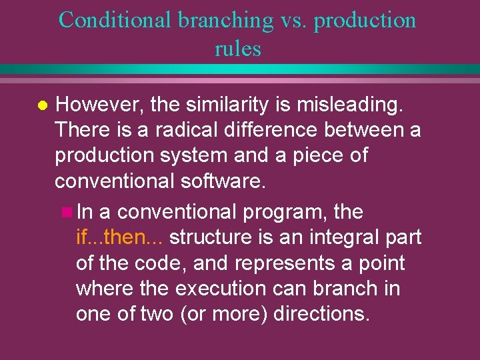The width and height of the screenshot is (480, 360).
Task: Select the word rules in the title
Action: (x=238, y=49)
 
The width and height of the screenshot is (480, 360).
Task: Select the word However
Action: (x=99, y=104)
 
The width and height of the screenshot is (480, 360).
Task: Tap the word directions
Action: (x=321, y=313)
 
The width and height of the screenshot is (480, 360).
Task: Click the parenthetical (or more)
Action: (x=224, y=313)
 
